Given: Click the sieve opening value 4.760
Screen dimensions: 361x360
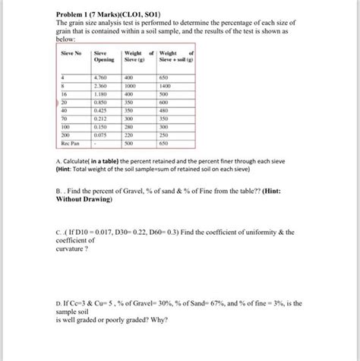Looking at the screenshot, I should click(x=99, y=78).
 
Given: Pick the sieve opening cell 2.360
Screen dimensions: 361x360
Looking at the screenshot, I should click(x=99, y=87).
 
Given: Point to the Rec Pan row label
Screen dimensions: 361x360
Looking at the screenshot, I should click(x=70, y=142).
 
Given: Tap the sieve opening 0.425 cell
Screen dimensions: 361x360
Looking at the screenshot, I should click(x=99, y=110).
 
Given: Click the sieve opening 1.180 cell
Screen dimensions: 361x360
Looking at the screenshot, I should click(x=99, y=95).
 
